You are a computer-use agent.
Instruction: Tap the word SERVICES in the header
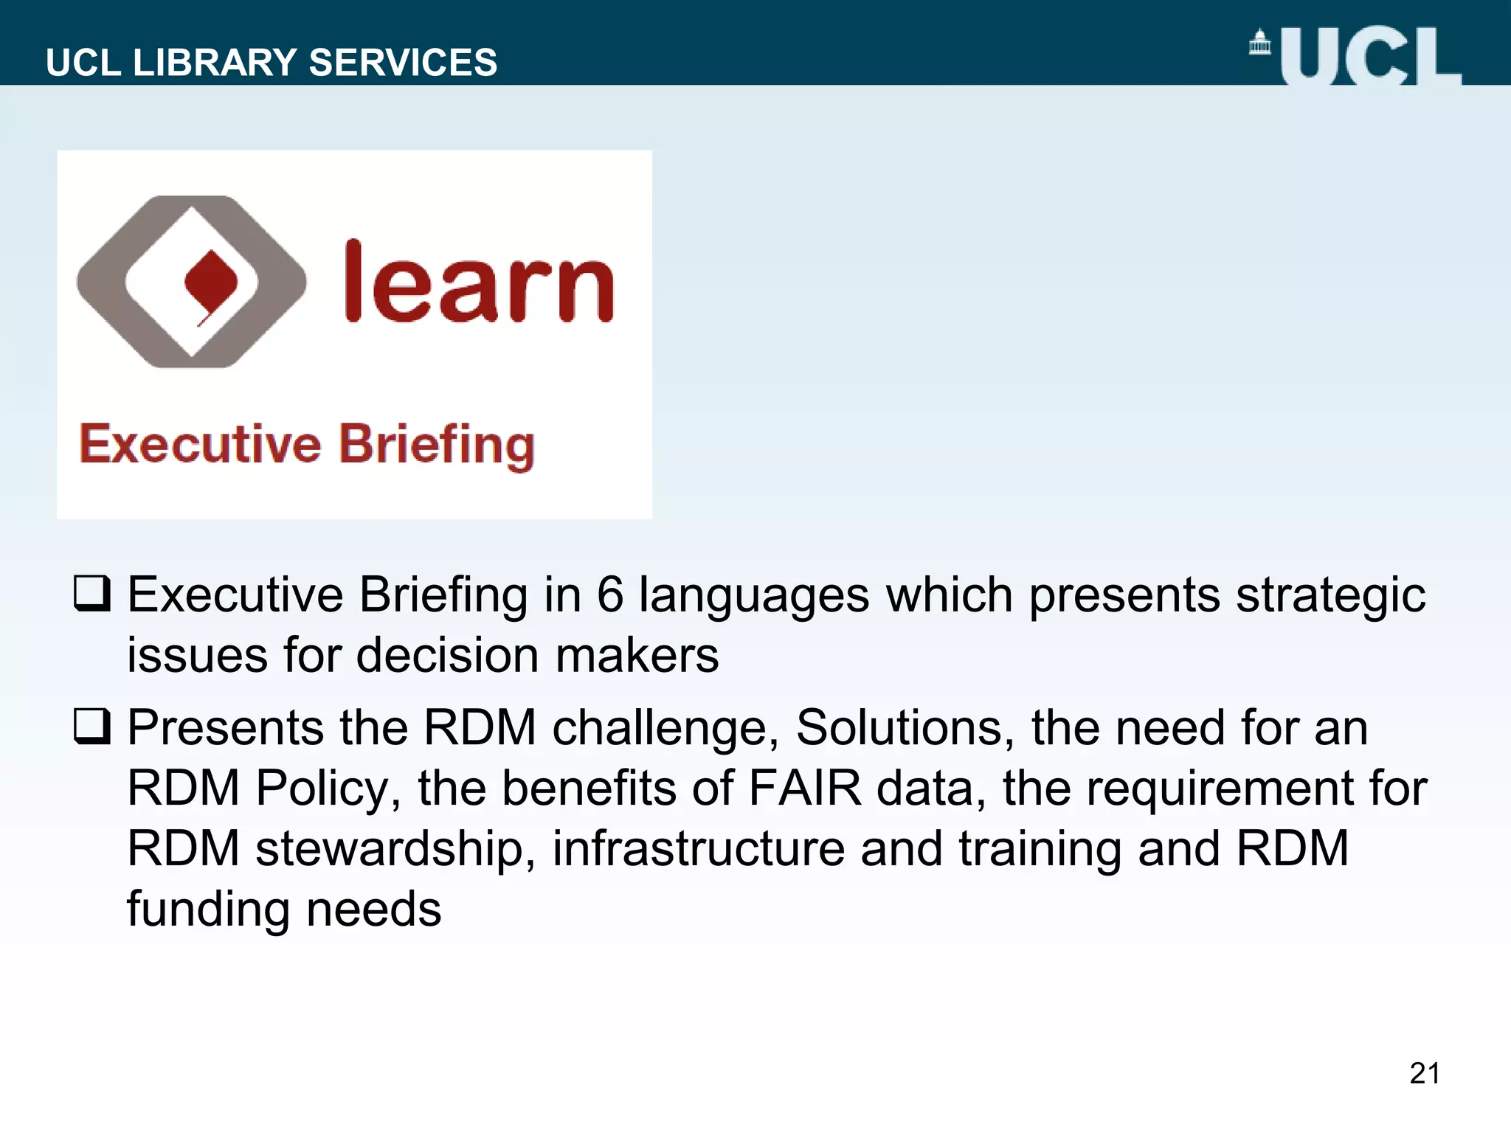pos(403,63)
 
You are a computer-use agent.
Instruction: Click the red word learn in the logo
pos(479,284)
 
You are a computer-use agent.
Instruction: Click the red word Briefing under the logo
pos(436,446)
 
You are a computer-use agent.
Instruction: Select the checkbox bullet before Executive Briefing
pos(92,594)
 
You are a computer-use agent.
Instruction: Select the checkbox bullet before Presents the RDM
pos(92,727)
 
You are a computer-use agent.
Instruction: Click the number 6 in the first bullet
pos(609,595)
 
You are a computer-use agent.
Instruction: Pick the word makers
pos(637,655)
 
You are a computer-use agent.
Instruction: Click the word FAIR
pos(805,789)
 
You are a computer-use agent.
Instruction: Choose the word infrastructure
pos(698,848)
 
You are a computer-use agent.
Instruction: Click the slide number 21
pos(1424,1073)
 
